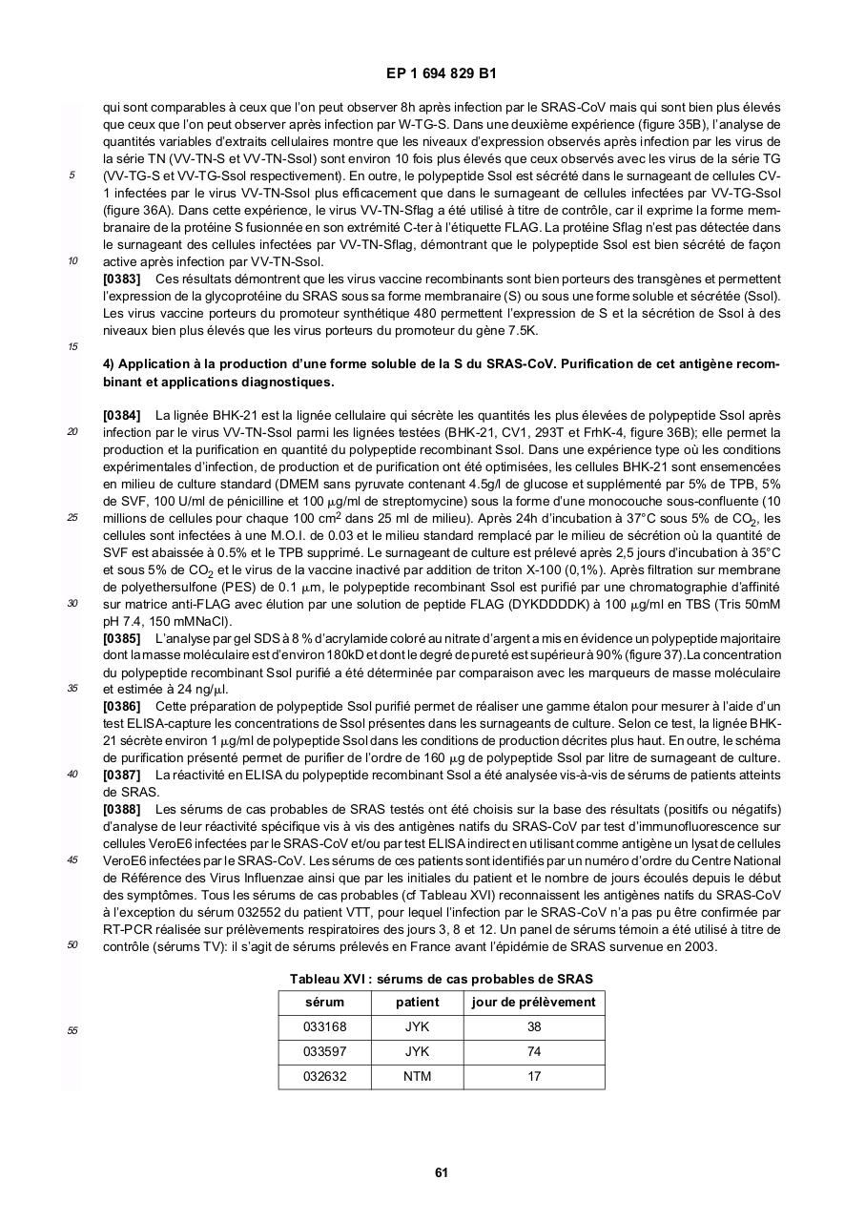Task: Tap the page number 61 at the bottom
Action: coord(442,1172)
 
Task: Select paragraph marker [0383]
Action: coord(121,279)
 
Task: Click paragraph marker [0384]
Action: coord(121,415)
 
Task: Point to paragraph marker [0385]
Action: coord(121,637)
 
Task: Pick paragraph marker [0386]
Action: coord(121,706)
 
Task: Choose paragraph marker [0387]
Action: coord(121,775)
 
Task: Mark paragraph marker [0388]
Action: coord(121,809)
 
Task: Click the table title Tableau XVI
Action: coord(442,979)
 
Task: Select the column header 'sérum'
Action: coord(324,1002)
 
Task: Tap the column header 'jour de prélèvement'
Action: coord(533,1002)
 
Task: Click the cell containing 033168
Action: coord(324,1026)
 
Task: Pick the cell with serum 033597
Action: coord(324,1051)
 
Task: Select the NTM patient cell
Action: coord(417,1076)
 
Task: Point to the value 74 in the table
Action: coord(533,1051)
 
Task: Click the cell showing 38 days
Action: coord(533,1026)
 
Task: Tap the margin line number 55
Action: coord(72,1030)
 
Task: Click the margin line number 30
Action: coord(72,603)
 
